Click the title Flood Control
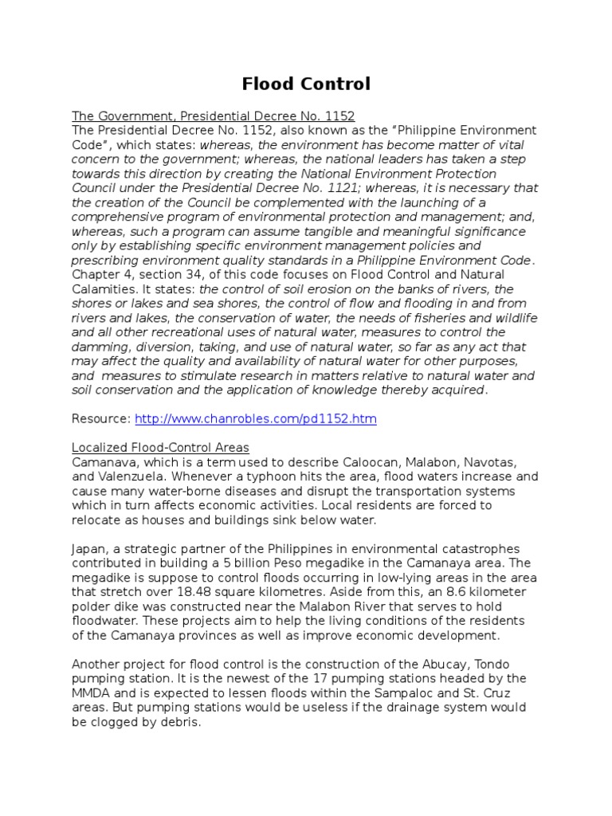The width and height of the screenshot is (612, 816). pos(306,84)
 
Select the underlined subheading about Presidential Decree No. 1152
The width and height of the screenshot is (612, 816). pos(213,116)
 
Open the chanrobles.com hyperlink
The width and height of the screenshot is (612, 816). pos(255,418)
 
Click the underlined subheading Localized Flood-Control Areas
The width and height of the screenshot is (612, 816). pos(160,447)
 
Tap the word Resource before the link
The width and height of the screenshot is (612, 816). pos(100,418)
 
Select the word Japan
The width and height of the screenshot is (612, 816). pos(88,548)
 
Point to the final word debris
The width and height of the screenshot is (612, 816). pos(181,721)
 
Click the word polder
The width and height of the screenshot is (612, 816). pos(90,606)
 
